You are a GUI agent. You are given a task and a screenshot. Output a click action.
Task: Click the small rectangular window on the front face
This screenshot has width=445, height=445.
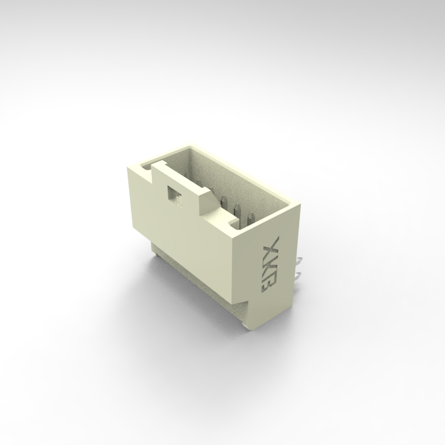pyautogui.click(x=174, y=195)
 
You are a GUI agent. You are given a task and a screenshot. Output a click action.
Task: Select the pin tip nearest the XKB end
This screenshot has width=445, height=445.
pyautogui.click(x=250, y=220)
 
